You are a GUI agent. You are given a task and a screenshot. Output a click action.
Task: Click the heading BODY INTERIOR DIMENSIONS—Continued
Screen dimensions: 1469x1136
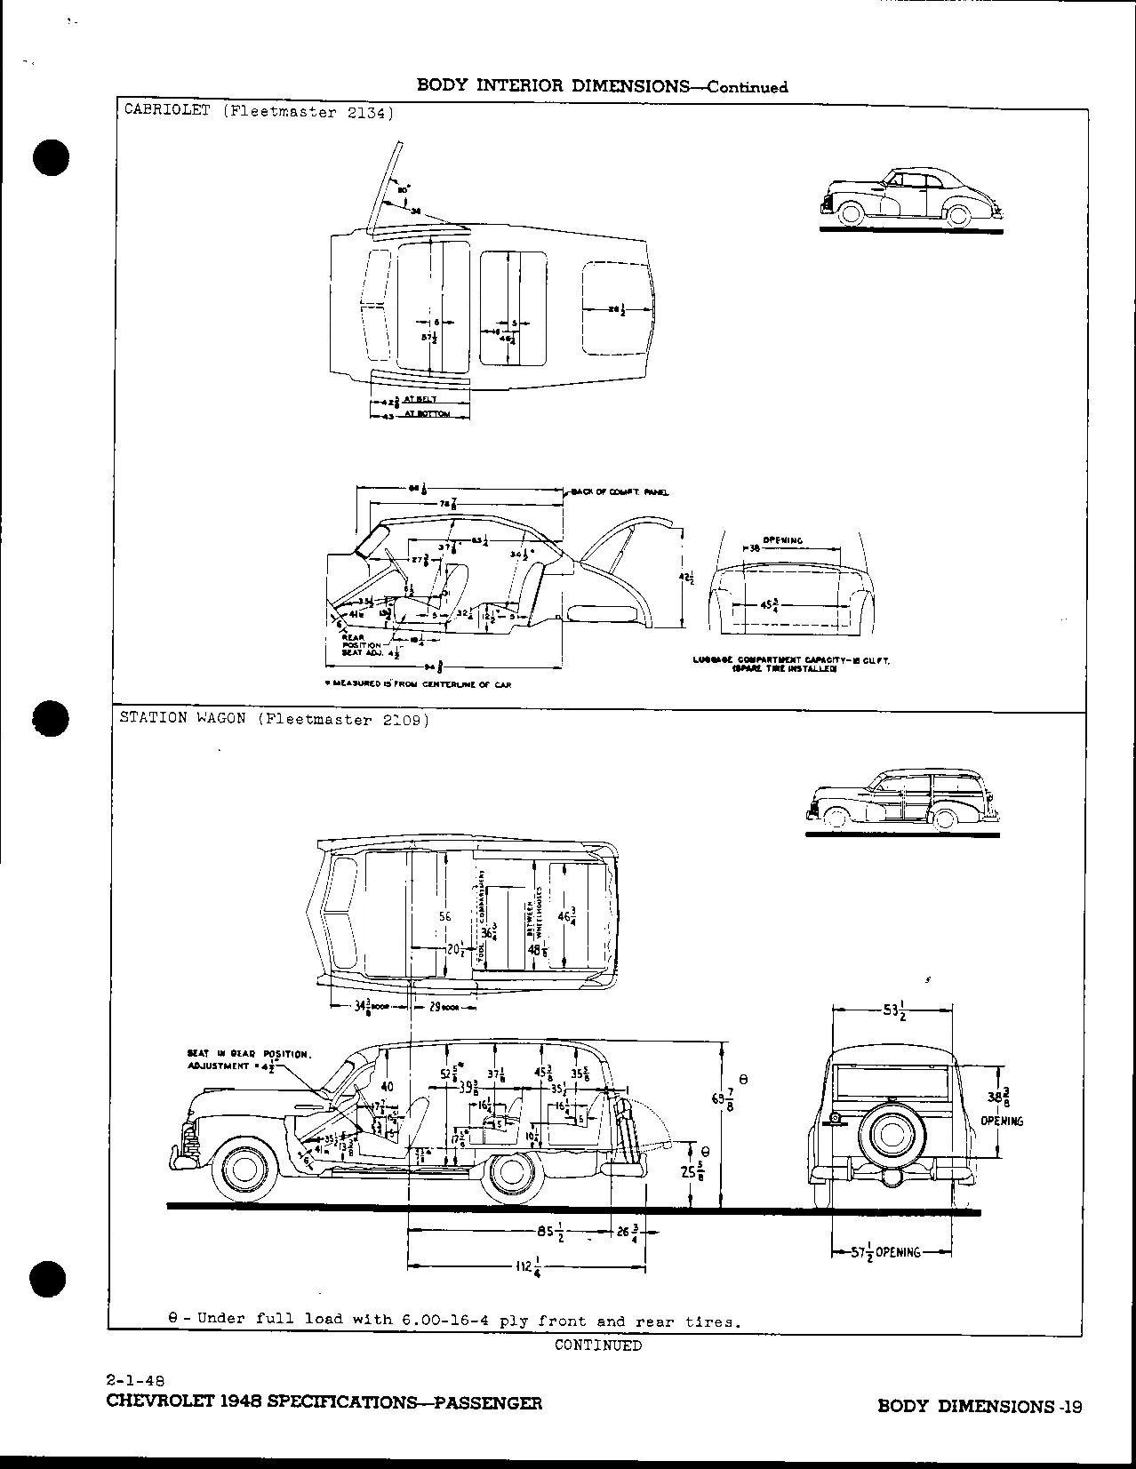(x=602, y=86)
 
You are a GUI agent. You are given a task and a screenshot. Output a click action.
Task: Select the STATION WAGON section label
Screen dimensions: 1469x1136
(x=182, y=719)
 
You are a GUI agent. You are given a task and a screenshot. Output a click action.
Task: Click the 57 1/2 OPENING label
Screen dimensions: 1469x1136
(x=879, y=1251)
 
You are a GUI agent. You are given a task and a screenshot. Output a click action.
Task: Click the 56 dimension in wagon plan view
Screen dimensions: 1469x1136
(x=445, y=916)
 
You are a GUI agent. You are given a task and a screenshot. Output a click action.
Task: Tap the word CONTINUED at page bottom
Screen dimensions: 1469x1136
(x=597, y=1345)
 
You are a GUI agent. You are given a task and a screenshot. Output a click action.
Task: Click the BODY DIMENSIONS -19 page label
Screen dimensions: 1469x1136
(x=980, y=1406)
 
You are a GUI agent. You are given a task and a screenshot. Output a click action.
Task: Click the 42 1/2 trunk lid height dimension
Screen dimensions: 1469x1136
(x=685, y=578)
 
